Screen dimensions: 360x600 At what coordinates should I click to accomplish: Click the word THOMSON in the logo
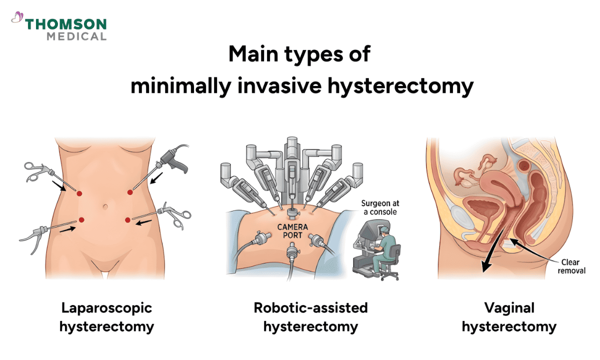point(66,24)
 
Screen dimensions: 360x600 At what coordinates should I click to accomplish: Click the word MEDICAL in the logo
point(76,36)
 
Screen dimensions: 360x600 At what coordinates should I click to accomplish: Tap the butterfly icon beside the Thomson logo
point(17,18)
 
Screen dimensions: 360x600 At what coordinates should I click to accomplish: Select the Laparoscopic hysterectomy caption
point(106,317)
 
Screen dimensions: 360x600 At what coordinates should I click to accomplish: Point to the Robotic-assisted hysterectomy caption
point(310,317)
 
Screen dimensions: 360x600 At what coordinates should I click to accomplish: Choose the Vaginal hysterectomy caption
point(508,317)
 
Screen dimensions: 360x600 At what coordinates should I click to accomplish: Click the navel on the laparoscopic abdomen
point(104,206)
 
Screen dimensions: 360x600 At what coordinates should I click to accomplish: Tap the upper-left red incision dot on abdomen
point(79,193)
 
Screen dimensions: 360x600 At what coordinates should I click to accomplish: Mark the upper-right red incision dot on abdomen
point(129,192)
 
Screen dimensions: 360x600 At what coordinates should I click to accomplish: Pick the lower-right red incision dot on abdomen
point(128,219)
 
